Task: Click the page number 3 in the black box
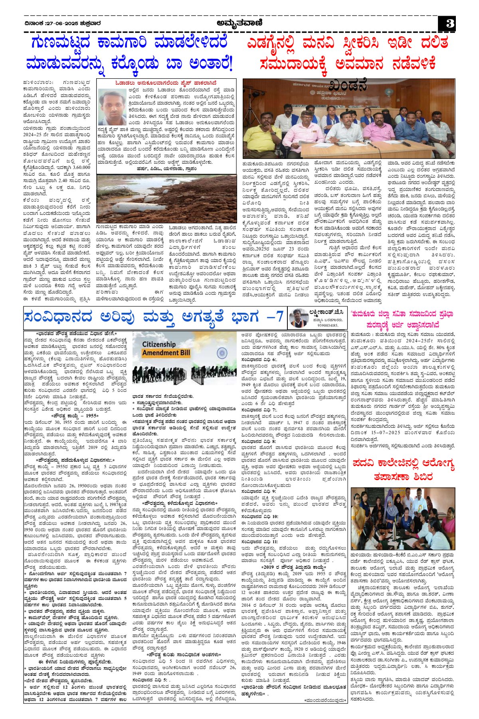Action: (449, 24)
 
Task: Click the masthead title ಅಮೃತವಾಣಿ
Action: (239, 23)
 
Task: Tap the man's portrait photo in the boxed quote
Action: (112, 107)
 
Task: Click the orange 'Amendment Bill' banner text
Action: (166, 353)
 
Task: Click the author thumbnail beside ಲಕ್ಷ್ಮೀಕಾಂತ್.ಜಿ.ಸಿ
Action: (298, 318)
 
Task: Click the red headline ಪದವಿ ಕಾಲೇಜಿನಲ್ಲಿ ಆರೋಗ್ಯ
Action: (404, 465)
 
